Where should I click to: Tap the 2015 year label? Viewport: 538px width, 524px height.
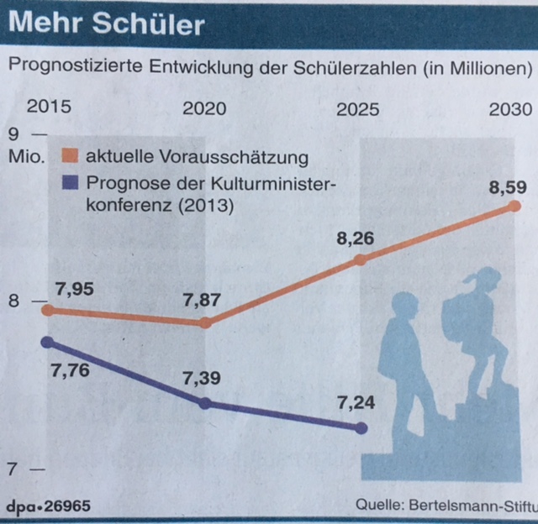pyautogui.click(x=49, y=109)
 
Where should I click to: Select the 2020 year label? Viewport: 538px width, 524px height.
pyautogui.click(x=204, y=109)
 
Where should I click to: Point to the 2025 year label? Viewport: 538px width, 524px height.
pyautogui.click(x=356, y=109)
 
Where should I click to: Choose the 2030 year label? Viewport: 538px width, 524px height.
pyautogui.click(x=510, y=109)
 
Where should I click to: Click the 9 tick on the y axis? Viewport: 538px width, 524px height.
pyautogui.click(x=13, y=134)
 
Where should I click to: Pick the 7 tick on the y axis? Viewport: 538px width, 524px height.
pyautogui.click(x=13, y=470)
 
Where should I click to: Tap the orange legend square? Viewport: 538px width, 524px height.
pyautogui.click(x=71, y=157)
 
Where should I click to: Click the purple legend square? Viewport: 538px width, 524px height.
pyautogui.click(x=71, y=183)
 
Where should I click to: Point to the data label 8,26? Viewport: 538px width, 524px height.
pyautogui.click(x=355, y=241)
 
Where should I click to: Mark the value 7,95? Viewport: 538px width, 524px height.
pyautogui.click(x=75, y=291)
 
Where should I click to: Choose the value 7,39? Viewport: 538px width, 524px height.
pyautogui.click(x=203, y=379)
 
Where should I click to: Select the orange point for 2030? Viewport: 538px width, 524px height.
pyautogui.click(x=514, y=208)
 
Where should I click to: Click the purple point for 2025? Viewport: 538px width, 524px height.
pyautogui.click(x=361, y=428)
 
